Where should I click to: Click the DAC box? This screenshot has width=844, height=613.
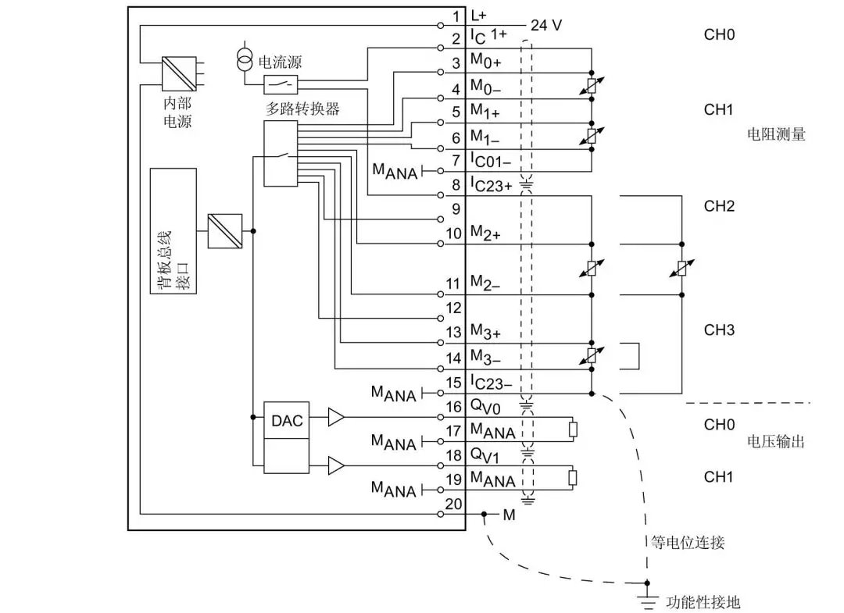(287, 420)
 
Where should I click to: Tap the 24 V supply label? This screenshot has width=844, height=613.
(546, 25)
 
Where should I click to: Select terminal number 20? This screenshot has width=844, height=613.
(453, 504)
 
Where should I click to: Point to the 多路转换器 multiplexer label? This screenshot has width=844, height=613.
(302, 109)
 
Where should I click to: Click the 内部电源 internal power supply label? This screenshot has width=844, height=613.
(177, 112)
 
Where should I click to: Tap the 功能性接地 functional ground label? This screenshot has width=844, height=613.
(702, 602)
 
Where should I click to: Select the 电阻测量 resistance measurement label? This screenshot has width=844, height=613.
(776, 134)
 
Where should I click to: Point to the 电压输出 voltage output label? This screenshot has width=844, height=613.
(776, 442)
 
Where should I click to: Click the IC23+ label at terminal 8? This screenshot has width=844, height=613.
(491, 186)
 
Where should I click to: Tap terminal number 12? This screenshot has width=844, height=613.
(453, 308)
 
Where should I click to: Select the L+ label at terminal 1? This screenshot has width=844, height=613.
(479, 16)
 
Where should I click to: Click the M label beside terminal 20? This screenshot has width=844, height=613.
(509, 515)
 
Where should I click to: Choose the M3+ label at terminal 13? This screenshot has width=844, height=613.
(485, 334)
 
